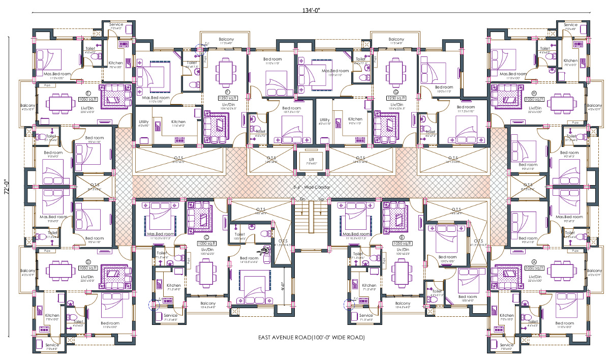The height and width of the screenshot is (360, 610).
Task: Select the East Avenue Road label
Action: tap(311, 338)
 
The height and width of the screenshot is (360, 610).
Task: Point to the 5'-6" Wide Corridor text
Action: tap(312, 188)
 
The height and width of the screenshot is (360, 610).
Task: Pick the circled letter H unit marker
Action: tap(534, 94)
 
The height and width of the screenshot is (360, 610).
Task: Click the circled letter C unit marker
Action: tap(206, 237)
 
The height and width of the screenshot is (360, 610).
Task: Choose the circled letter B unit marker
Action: tap(402, 237)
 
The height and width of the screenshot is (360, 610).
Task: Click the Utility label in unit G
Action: tap(325, 120)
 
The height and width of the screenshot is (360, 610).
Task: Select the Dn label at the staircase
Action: tap(302, 199)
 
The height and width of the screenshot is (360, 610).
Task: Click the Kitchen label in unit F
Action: tap(178, 122)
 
